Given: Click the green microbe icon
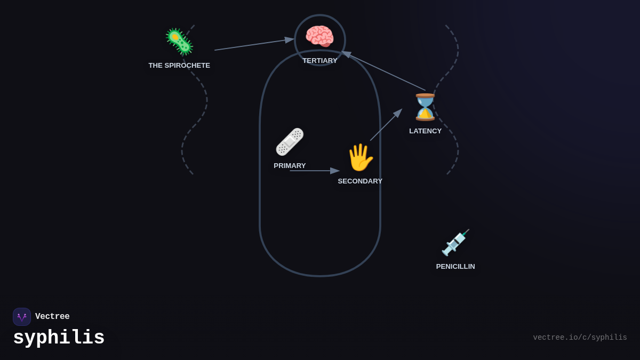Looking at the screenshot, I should click(179, 42).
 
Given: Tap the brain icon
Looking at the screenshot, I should click(319, 37).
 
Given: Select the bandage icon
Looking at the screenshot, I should click(290, 142).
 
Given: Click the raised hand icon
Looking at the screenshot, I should click(360, 157).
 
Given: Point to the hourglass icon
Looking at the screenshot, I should click(425, 107).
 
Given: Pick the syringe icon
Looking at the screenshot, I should click(455, 243).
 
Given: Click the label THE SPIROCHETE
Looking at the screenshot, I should click(179, 66).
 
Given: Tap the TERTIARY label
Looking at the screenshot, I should click(320, 61).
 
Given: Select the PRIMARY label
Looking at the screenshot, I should click(290, 166).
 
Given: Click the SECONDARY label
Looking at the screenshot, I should click(360, 181).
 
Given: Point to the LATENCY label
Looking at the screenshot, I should click(425, 131).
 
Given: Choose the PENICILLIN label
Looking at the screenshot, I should click(455, 267).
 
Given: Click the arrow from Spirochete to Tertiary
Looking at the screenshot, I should click(254, 44).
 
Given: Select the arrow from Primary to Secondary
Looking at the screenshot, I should click(314, 171).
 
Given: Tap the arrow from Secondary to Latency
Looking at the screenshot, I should click(386, 125).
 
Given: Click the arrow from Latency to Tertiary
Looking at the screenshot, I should click(384, 71).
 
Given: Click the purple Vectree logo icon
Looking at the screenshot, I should click(22, 317).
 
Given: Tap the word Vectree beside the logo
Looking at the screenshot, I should click(52, 317).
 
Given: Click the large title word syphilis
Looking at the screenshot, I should click(59, 338).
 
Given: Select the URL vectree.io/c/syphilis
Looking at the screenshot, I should click(580, 338).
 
